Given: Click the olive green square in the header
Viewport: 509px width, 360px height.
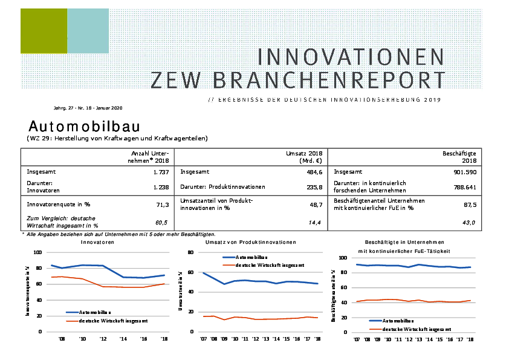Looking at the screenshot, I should pyautogui.click(x=43, y=31).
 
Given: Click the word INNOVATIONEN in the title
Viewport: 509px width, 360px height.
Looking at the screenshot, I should pyautogui.click(x=351, y=56).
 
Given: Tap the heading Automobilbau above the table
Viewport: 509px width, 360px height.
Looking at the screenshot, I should pyautogui.click(x=84, y=126).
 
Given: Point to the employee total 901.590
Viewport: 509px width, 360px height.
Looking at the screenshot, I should pyautogui.click(x=465, y=172).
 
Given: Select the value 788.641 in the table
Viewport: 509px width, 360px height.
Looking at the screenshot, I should pyautogui.click(x=465, y=187).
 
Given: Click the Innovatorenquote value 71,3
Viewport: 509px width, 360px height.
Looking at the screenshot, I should pyautogui.click(x=162, y=205).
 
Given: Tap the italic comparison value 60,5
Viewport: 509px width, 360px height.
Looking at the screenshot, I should pyautogui.click(x=161, y=223).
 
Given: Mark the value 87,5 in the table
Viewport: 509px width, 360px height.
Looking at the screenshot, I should pyautogui.click(x=469, y=205).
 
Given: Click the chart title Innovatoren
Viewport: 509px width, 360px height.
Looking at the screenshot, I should pyautogui.click(x=97, y=242).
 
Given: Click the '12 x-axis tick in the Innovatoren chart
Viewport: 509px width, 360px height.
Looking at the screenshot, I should pyautogui.click(x=103, y=339).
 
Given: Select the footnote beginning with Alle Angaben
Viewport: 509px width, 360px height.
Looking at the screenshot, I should pyautogui.click(x=121, y=234).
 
